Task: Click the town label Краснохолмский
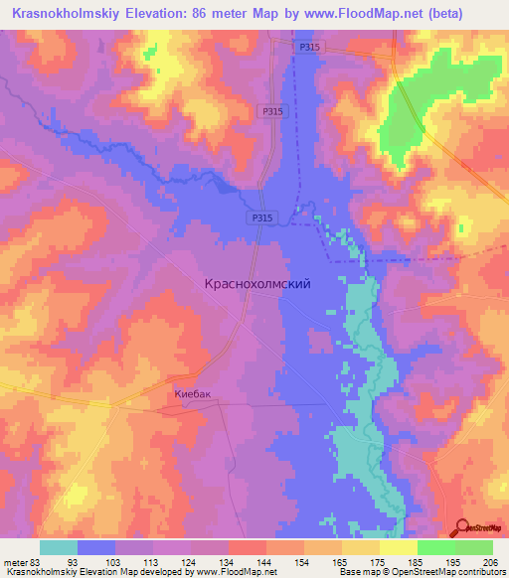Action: (x=257, y=283)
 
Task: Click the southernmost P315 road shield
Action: (x=260, y=217)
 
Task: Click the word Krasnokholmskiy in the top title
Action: (x=72, y=12)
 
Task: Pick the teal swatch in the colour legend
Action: (x=59, y=547)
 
